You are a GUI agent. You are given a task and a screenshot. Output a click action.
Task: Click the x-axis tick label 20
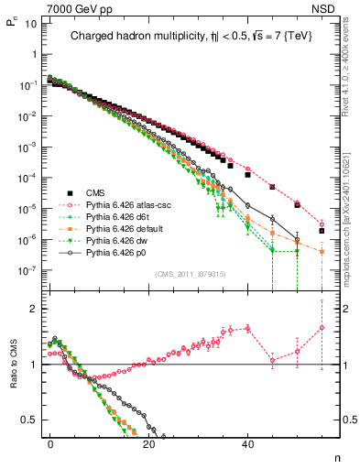click(x=148, y=443)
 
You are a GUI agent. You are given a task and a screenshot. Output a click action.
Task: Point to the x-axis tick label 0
click(x=50, y=443)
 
